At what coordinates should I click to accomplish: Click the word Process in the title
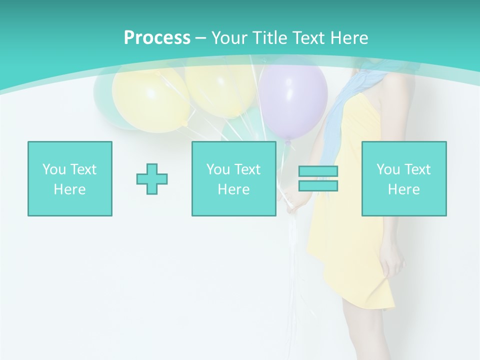tap(157, 38)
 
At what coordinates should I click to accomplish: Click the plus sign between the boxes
tap(152, 178)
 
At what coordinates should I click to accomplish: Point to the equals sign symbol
tap(318, 178)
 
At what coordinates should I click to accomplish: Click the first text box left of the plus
tap(70, 178)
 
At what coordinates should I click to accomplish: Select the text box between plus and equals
tap(233, 178)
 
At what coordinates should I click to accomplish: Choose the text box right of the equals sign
tap(403, 178)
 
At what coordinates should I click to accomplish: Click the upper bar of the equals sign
tap(318, 171)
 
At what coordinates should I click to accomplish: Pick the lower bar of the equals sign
tap(318, 185)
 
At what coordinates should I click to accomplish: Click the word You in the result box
tap(388, 169)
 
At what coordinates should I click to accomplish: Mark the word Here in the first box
tap(70, 189)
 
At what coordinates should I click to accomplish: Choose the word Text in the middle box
tap(248, 169)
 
